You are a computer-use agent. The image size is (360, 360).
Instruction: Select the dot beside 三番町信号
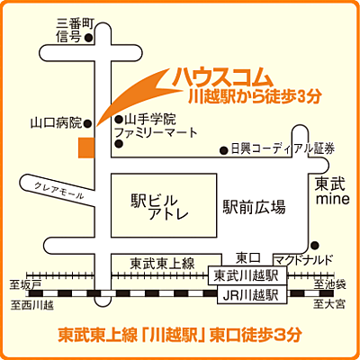87,38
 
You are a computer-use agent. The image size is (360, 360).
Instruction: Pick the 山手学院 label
149,119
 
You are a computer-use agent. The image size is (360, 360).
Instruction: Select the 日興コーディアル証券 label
282,148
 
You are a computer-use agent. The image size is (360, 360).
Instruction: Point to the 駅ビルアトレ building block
162,207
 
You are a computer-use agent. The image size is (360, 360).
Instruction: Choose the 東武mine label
330,190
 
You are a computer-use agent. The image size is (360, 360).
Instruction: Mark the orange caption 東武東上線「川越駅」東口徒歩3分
179,335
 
